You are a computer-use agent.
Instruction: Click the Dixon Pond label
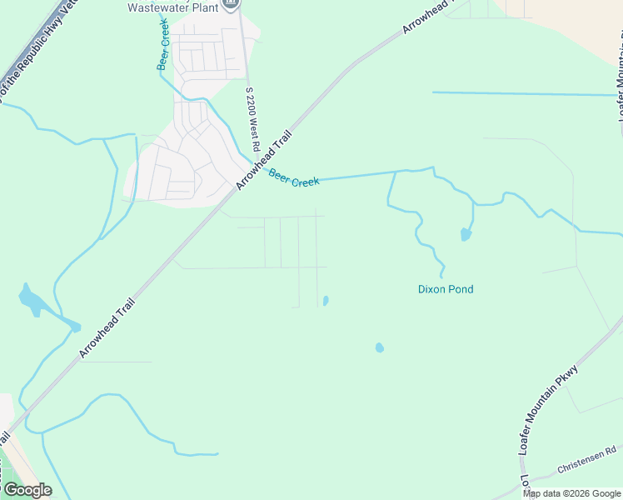pos(445,290)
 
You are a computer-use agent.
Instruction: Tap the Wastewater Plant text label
pos(172,7)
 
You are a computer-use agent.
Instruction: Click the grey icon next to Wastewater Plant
pos(232,4)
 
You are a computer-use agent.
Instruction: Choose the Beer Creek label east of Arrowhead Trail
pos(293,177)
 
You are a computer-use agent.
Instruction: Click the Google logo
pos(27,490)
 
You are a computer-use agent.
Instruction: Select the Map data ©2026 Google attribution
pos(571,493)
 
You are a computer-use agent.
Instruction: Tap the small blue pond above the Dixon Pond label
pos(466,235)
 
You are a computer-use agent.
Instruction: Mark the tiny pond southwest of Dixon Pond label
pos(380,347)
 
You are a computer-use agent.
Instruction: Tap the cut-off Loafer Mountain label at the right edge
pos(620,79)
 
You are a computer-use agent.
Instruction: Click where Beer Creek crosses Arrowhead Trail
pos(253,163)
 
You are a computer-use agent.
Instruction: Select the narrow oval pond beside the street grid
pos(326,301)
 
